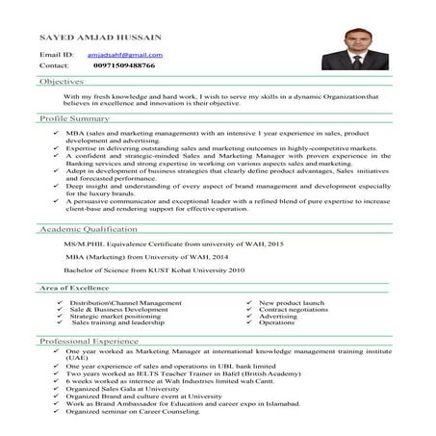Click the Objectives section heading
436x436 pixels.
click(63, 84)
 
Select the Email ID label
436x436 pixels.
click(56, 56)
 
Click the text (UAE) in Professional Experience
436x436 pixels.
click(76, 361)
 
